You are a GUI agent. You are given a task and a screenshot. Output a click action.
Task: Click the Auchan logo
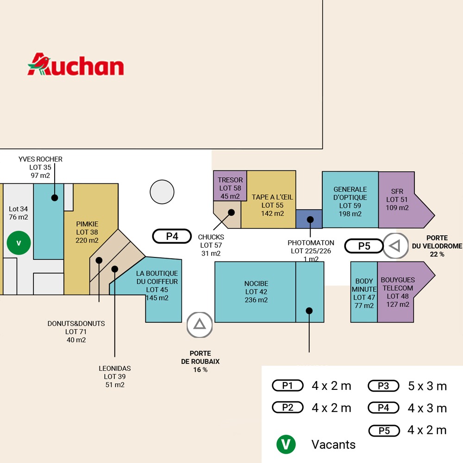point(75,64)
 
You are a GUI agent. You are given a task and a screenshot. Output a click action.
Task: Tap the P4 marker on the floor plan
point(172,236)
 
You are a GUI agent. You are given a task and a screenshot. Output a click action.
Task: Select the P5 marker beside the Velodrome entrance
point(364,246)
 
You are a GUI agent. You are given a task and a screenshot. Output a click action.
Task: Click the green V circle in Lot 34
point(19,243)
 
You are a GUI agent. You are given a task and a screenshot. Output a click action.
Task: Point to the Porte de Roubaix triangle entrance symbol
point(200,325)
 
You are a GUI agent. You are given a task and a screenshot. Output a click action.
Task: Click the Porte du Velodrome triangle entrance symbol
point(396,246)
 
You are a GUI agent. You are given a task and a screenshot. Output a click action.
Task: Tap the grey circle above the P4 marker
point(162,192)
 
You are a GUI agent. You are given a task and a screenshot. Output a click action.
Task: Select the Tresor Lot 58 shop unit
point(230,186)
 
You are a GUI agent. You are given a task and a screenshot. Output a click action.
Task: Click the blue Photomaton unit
point(309,219)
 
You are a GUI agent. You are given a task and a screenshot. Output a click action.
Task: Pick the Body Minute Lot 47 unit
point(364,292)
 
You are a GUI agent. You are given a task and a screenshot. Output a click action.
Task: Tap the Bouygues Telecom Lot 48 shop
point(402,292)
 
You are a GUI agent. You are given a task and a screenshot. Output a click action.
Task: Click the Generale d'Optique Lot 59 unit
point(350,200)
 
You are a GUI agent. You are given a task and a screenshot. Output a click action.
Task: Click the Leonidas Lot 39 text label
point(115,376)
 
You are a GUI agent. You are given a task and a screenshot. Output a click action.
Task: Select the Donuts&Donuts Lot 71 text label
point(76,332)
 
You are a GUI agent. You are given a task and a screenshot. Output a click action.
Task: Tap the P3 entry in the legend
point(383,386)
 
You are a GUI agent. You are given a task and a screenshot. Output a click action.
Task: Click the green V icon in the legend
point(286,444)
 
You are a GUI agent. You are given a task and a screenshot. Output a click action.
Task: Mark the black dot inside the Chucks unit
point(231,213)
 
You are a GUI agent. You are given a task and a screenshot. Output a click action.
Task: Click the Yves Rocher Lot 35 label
point(40,167)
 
